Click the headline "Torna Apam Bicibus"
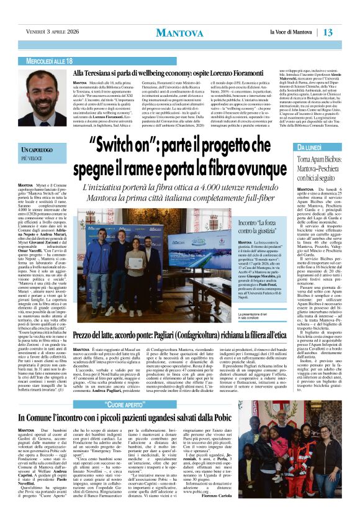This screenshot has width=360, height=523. click(x=317, y=160)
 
